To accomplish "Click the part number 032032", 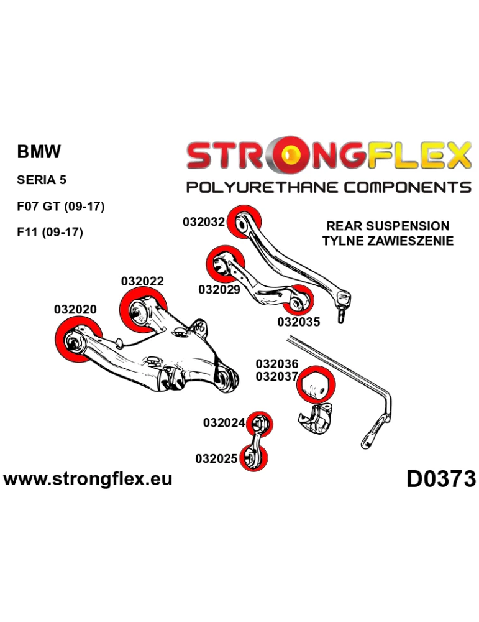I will [x=203, y=221].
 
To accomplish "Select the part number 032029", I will [x=219, y=289].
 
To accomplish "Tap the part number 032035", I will [x=298, y=322].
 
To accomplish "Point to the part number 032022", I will [x=142, y=281].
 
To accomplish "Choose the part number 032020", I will [x=75, y=309].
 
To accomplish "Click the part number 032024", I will [x=224, y=423].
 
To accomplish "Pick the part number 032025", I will [x=216, y=459].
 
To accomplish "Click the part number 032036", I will [x=277, y=364].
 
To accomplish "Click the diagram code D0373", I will [x=441, y=480].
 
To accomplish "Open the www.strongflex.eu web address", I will [x=88, y=479].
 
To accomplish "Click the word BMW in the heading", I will [x=39, y=152].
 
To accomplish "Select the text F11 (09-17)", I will [x=50, y=233].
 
